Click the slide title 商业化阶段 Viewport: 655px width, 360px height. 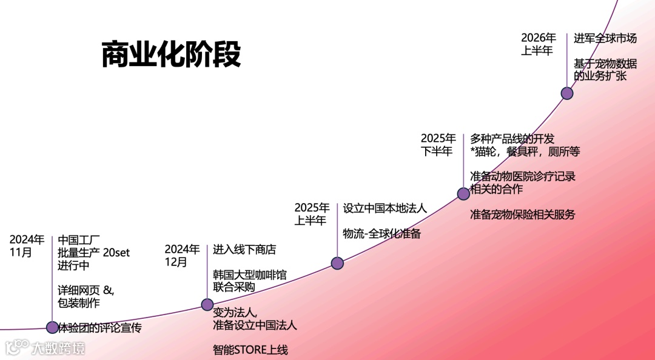click(171, 55)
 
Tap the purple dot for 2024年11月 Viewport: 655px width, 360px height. click(53, 327)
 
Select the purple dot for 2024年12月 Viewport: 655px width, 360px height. click(207, 304)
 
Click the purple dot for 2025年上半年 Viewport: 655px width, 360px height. click(338, 263)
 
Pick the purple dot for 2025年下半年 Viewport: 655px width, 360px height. click(463, 193)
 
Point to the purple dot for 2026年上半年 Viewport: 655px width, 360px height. click(567, 93)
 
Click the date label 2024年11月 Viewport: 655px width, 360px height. click(27, 245)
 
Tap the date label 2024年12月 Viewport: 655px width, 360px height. click(182, 255)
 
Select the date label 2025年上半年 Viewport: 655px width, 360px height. click(312, 214)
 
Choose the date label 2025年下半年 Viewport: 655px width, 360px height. click(438, 144)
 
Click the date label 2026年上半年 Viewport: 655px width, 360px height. click(539, 44)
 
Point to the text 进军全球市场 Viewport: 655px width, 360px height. click(605, 38)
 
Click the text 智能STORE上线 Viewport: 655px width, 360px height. click(250, 350)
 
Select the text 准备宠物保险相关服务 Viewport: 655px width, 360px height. click(522, 215)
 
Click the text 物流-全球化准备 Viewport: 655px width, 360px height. click(381, 233)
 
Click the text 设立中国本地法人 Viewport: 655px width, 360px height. click(385, 208)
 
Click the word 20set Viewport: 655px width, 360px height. click(116, 252)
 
